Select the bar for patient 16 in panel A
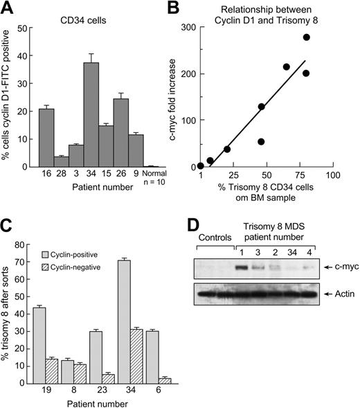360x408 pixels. click(x=47, y=138)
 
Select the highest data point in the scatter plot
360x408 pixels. click(x=306, y=37)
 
